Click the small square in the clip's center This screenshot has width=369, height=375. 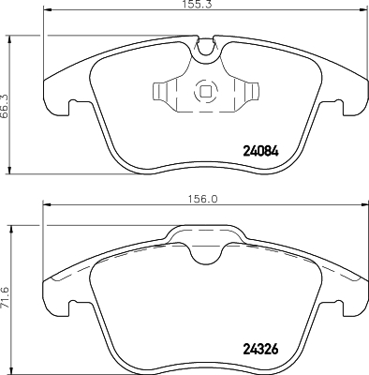click(x=204, y=92)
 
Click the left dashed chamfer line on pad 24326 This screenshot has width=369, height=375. click(x=70, y=267)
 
